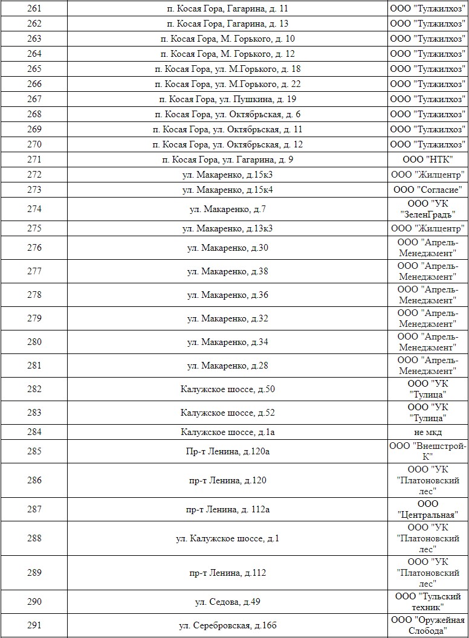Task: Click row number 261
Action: pyautogui.click(x=34, y=9)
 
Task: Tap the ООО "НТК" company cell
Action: pyautogui.click(x=427, y=160)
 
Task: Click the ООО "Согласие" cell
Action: pyautogui.click(x=427, y=190)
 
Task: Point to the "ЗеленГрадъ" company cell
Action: pyautogui.click(x=427, y=209)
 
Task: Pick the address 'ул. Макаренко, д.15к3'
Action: pyautogui.click(x=227, y=175)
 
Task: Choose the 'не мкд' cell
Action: pyautogui.click(x=427, y=433)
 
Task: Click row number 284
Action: pyautogui.click(x=34, y=433)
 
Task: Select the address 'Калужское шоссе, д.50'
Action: pyautogui.click(x=227, y=390)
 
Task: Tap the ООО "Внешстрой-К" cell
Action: pyautogui.click(x=427, y=451)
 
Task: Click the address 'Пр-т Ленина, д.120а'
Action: pyautogui.click(x=227, y=451)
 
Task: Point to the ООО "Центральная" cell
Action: pyautogui.click(x=427, y=509)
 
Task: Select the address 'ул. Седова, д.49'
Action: pyautogui.click(x=227, y=602)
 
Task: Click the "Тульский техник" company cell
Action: pyautogui.click(x=427, y=602)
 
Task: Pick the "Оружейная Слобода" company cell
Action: pyautogui.click(x=427, y=625)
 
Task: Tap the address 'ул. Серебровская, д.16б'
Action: pyautogui.click(x=227, y=625)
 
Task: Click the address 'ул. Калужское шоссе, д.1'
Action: pyautogui.click(x=227, y=538)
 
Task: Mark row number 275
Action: pyautogui.click(x=34, y=229)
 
